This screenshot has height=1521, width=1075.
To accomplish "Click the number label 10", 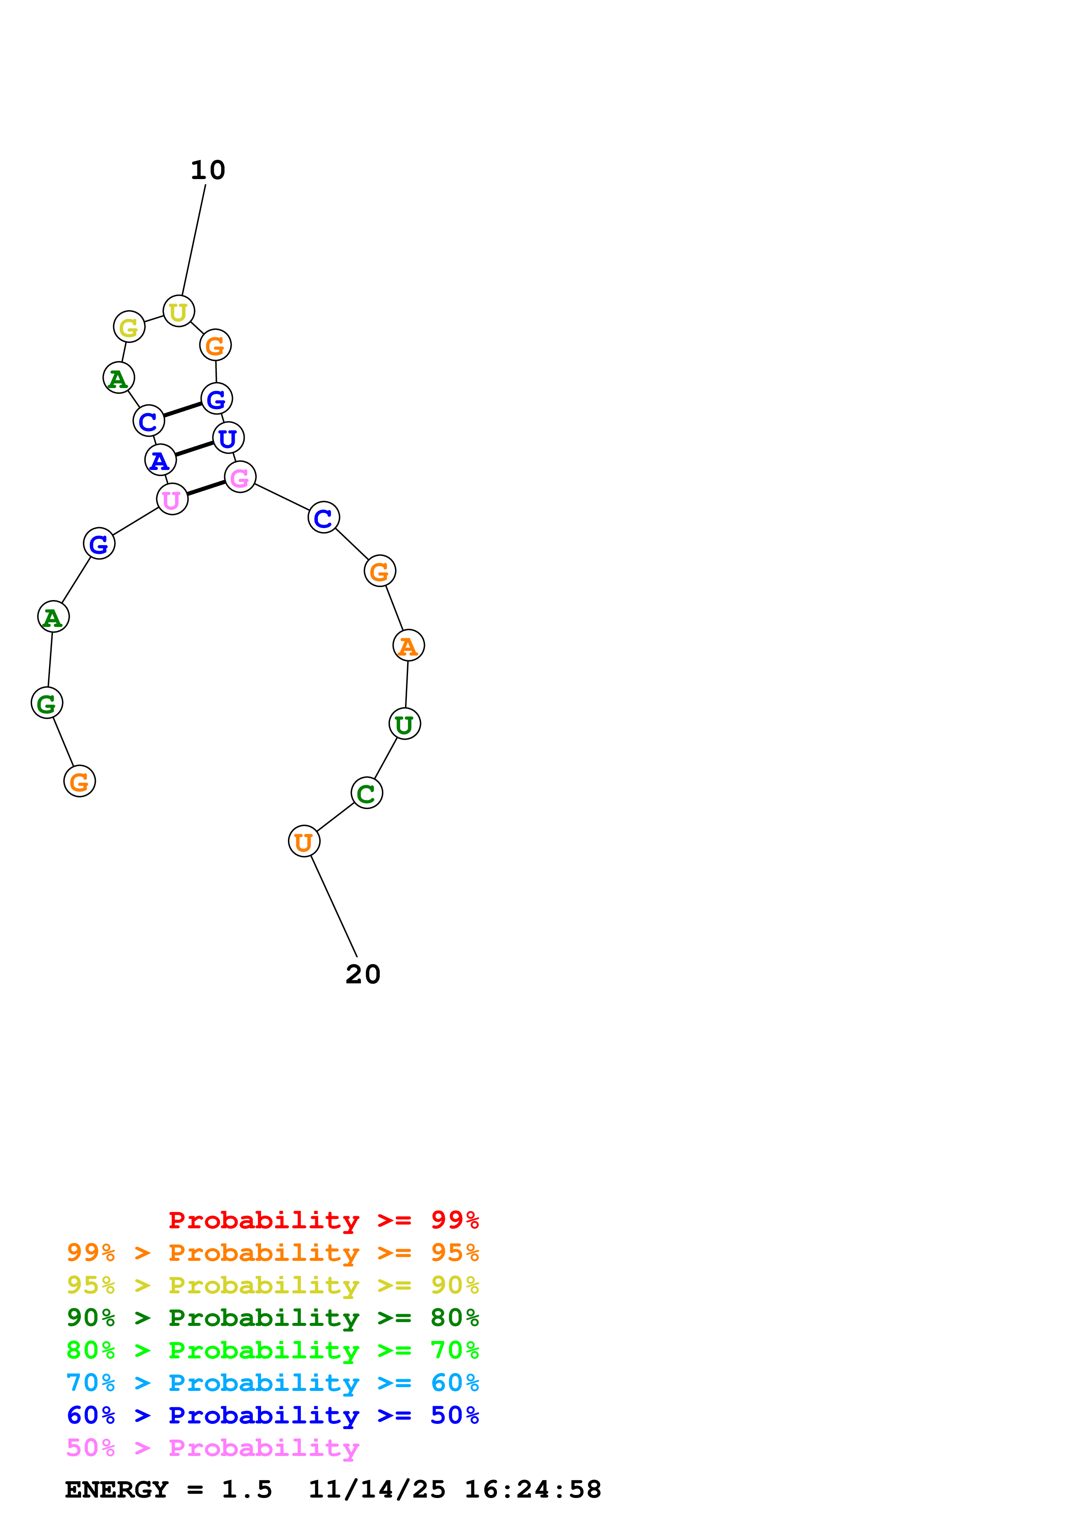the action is tap(208, 170).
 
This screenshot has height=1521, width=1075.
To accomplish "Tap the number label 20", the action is tap(363, 975).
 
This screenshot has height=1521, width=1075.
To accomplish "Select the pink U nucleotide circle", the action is tap(172, 499).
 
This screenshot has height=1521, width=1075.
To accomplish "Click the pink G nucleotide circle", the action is tap(240, 477).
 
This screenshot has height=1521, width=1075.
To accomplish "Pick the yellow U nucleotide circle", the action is tap(178, 311).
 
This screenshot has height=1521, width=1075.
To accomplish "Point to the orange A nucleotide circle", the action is tap(408, 645).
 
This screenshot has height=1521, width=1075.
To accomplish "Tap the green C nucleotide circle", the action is tap(366, 793).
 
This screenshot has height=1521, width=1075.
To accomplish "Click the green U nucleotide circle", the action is tap(405, 724).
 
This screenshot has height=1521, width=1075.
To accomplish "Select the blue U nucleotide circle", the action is tap(228, 438).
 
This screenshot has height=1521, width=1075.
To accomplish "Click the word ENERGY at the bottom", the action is tap(117, 1490).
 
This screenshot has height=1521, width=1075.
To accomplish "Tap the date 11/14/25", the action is tap(377, 1490).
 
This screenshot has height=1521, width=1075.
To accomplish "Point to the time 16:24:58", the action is tap(533, 1490).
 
